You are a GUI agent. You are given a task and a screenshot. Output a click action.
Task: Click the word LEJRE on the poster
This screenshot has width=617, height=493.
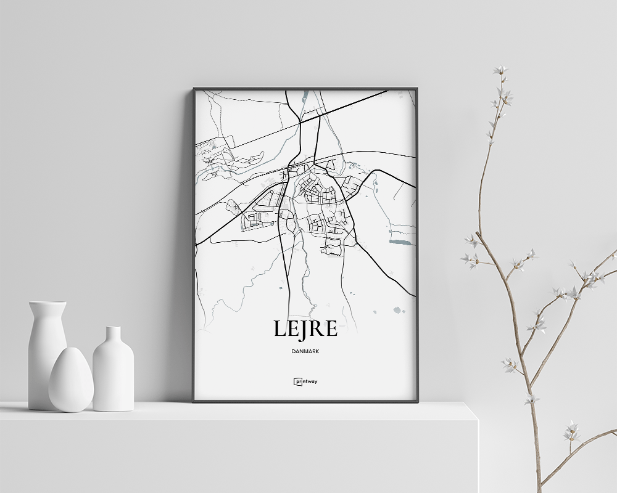coord(305,329)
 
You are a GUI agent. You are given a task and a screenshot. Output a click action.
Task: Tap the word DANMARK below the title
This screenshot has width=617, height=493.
coord(305,351)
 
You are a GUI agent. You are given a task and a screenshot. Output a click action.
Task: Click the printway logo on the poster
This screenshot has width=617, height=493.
coord(305,381)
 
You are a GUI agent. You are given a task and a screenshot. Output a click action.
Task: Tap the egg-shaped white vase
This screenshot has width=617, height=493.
coord(71,381)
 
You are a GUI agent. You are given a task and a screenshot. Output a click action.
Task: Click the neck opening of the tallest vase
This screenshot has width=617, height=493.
coord(48,303)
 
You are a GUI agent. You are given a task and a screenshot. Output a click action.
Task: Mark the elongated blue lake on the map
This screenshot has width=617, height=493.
coord(399,243)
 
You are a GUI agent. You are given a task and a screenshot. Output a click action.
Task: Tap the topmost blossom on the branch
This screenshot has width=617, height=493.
coord(500,70)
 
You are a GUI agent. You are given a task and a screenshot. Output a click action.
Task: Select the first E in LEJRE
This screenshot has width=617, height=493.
coord(289,329)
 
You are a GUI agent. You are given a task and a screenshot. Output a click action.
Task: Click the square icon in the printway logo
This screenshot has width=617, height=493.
coord(296,381)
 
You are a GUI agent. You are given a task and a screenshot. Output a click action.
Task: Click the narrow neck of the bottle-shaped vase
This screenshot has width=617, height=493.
coord(113,336)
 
